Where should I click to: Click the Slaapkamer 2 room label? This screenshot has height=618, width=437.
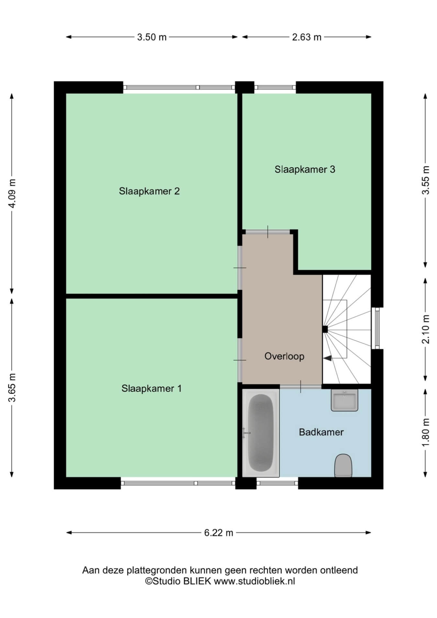click(x=149, y=191)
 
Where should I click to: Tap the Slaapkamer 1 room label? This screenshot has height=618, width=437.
click(x=151, y=388)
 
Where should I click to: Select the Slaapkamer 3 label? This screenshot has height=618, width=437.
click(x=305, y=169)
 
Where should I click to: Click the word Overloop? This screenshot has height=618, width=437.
click(x=284, y=356)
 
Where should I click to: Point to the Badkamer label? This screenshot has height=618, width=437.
click(x=321, y=432)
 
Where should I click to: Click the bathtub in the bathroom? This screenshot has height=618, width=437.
click(x=261, y=433)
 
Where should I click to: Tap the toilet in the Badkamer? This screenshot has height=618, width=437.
click(x=343, y=466)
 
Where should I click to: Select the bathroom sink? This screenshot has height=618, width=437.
click(x=344, y=400)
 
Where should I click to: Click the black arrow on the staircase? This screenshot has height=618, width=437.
click(x=328, y=358)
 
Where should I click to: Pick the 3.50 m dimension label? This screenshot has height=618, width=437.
click(x=152, y=37)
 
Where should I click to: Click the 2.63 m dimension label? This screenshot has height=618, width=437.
click(x=307, y=37)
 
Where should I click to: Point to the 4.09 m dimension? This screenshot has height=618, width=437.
click(x=12, y=193)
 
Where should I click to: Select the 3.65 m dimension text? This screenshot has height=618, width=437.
click(x=12, y=388)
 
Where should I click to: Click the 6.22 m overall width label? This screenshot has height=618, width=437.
click(x=218, y=533)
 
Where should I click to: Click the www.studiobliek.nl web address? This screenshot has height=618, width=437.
click(x=254, y=581)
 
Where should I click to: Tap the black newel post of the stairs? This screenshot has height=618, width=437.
click(x=325, y=329)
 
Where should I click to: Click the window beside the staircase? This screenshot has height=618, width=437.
click(x=377, y=328)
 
